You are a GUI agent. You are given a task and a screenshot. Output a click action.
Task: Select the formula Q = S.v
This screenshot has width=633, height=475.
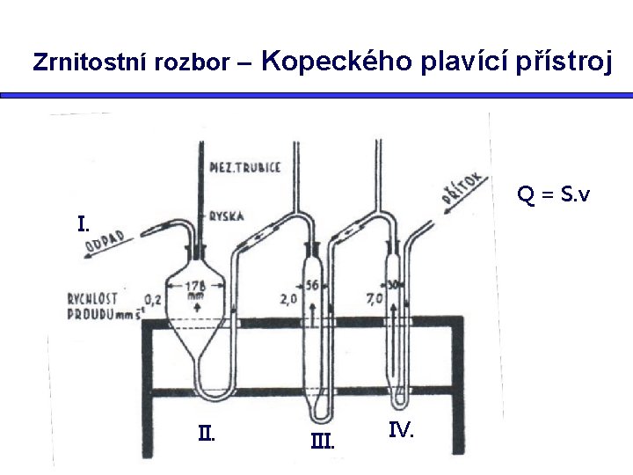coord(554,194)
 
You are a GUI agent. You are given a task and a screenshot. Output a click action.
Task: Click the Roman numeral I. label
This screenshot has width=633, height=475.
coord(83,224)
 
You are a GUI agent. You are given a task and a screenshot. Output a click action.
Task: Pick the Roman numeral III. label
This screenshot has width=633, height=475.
coord(323,441)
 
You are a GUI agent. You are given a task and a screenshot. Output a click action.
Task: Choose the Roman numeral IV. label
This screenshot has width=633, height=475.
coord(401,430)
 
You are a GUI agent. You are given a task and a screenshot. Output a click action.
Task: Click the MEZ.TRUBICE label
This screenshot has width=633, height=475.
coord(245,167)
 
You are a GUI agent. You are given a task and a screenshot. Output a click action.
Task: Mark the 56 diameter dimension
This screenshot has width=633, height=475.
coord(311,285)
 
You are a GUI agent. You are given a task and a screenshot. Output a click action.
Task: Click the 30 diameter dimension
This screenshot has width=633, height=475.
coord(394,285)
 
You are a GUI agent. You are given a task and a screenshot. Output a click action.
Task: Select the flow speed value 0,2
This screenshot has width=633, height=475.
coord(153,299)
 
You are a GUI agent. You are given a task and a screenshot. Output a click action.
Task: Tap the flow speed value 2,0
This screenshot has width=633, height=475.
coord(288,299)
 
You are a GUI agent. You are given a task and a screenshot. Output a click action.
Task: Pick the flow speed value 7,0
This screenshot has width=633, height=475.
coord(374,299)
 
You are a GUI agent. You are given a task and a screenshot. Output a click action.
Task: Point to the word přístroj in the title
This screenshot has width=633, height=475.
coord(563,62)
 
